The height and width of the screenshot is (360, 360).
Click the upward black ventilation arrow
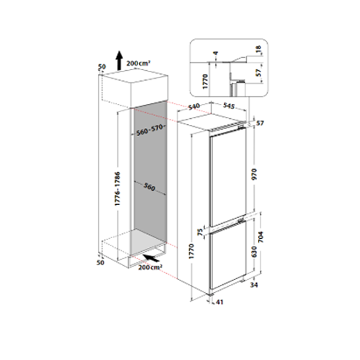click(x=119, y=60)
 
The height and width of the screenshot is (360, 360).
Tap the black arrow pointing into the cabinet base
click(x=151, y=257)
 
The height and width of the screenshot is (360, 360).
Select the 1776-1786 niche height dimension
click(x=118, y=188)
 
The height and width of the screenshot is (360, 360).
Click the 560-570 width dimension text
click(x=150, y=130)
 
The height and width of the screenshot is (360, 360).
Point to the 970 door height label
click(x=254, y=174)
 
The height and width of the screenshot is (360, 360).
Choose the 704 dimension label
click(x=260, y=237)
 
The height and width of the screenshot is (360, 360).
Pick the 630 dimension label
click(x=254, y=251)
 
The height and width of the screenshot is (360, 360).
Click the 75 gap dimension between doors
click(x=200, y=232)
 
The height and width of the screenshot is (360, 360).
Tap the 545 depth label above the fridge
click(x=229, y=106)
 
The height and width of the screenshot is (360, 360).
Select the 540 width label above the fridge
click(x=194, y=107)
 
